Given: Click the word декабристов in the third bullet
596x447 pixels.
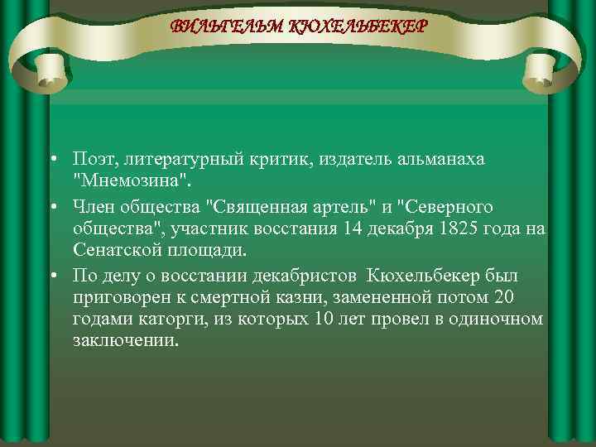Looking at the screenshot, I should coord(306,275).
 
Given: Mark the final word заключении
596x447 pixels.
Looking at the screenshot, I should coord(124,340).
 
